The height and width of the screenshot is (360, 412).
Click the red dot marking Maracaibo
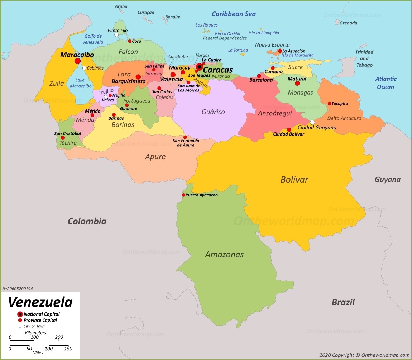(x=77, y=61)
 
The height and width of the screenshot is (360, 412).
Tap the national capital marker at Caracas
(x=199, y=66)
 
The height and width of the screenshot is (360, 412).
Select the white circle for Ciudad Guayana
(x=312, y=122)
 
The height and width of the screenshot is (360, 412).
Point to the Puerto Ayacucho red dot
(x=183, y=195)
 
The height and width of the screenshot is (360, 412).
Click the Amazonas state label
(x=224, y=255)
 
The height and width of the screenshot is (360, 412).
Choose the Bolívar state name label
(x=294, y=180)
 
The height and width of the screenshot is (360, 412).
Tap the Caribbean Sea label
(x=234, y=14)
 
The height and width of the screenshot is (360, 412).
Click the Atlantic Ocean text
(x=385, y=83)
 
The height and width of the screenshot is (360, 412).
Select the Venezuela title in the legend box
(x=40, y=302)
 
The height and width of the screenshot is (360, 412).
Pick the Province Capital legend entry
(x=40, y=320)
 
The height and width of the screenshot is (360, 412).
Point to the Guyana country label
(x=387, y=180)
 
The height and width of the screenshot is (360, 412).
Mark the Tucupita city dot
(x=329, y=104)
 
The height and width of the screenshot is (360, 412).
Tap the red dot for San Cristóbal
(x=63, y=138)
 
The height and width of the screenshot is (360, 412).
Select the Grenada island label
(x=348, y=23)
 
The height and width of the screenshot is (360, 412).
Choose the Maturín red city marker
(x=297, y=84)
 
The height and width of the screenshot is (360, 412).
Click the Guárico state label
(x=213, y=112)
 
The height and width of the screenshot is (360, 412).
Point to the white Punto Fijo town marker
(x=116, y=35)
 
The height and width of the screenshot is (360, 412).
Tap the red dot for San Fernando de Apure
(x=185, y=137)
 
